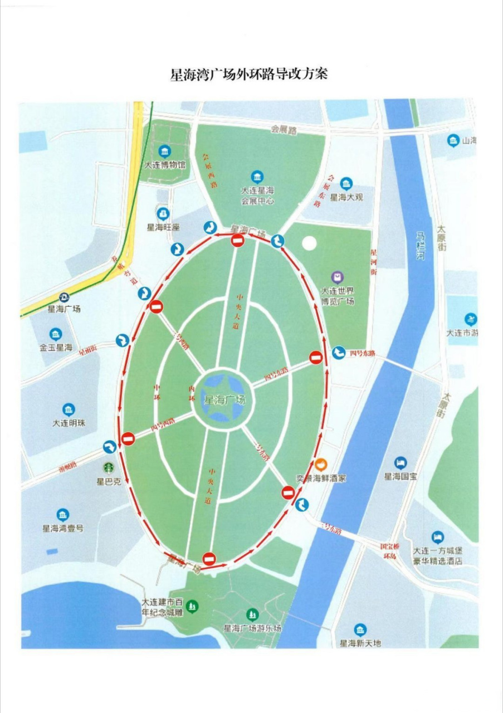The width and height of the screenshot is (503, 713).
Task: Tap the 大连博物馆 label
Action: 165,165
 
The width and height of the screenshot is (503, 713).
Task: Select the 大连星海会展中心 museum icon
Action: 257,177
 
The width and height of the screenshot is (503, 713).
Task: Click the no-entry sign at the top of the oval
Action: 238,241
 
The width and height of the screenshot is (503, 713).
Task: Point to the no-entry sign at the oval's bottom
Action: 209,559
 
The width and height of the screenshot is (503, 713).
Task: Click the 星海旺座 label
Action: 163,227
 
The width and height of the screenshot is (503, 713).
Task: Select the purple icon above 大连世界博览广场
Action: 337,277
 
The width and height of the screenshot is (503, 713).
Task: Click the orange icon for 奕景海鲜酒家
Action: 320,463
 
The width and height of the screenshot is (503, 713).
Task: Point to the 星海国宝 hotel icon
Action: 401,462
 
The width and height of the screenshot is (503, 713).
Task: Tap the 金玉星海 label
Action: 56,348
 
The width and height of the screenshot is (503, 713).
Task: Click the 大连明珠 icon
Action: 69,409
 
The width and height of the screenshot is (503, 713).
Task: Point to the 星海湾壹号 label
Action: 63,528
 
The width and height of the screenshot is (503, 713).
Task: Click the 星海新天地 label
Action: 360,643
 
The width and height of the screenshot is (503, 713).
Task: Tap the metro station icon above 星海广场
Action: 65,296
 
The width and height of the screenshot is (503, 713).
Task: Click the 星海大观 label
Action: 346,197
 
